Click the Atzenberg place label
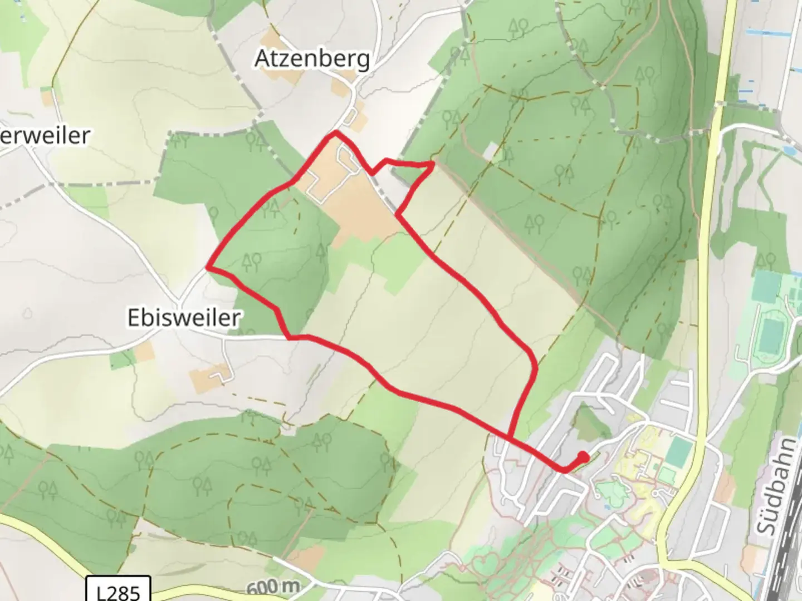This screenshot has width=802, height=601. [312, 58]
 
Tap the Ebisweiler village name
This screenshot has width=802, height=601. [184, 318]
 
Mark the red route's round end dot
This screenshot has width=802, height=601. [583, 457]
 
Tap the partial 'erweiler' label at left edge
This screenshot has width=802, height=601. [45, 136]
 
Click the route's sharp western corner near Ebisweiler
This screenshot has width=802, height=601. [209, 268]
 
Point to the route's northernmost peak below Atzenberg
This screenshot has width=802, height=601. [335, 133]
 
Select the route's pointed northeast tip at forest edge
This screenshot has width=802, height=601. [433, 163]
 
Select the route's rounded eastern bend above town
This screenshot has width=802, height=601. [535, 367]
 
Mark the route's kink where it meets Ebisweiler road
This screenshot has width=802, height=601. [290, 337]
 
